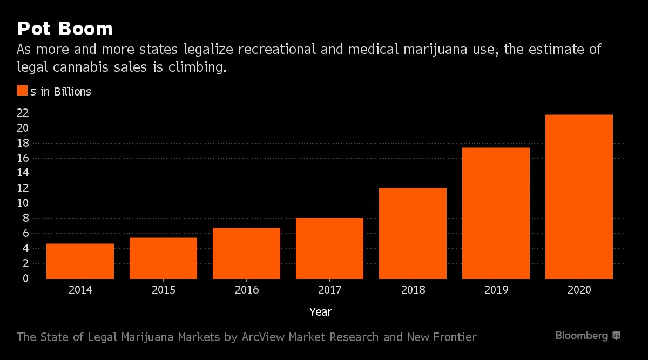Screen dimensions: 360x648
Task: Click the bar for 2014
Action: point(80,261)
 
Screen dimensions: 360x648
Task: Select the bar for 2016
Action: point(246,253)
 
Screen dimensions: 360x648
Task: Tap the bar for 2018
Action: point(413,233)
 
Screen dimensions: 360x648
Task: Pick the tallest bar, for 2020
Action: point(579,196)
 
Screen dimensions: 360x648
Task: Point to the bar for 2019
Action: point(496,213)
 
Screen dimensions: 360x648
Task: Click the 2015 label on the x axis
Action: point(164,290)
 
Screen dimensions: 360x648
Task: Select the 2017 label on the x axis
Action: point(329,290)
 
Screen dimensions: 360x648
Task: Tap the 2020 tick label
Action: point(579,290)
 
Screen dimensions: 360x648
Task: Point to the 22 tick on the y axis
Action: point(23,113)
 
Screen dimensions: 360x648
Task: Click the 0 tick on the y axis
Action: point(25,279)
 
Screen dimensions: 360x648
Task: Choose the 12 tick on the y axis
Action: point(23,188)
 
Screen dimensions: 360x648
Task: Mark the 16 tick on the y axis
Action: point(23,158)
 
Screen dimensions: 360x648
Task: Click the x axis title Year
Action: point(321,312)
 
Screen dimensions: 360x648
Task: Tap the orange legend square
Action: point(22,91)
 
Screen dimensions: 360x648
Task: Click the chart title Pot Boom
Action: point(64,29)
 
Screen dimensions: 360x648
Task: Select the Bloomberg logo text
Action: point(582,336)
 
